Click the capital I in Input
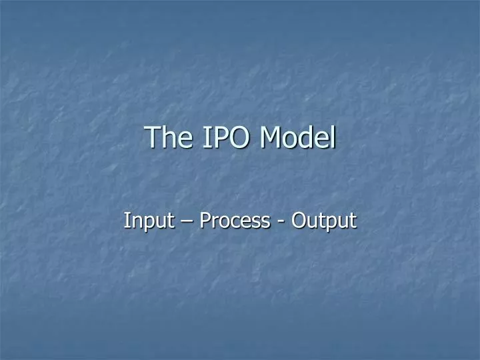coord(127,220)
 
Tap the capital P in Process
coord(205,220)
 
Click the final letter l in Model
coord(333,137)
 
